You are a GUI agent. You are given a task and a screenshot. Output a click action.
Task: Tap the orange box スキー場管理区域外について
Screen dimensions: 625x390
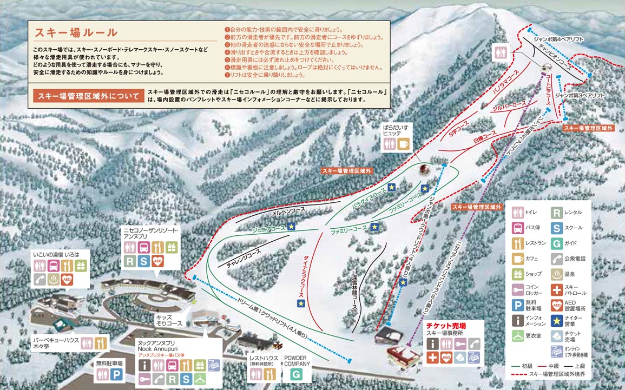[87, 96]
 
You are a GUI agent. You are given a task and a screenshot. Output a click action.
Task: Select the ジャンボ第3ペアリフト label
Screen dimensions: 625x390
[587, 94]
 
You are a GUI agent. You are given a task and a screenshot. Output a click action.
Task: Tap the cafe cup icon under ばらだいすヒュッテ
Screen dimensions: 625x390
[404, 144]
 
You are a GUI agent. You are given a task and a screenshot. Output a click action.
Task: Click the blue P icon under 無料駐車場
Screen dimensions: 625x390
[117, 374]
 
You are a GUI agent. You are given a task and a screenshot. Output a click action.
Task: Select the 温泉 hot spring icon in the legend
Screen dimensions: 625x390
[557, 274]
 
